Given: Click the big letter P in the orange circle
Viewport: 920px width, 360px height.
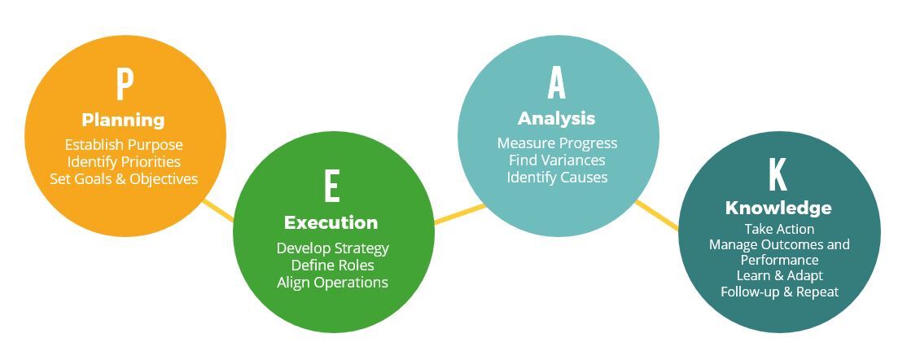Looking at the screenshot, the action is click(125, 85).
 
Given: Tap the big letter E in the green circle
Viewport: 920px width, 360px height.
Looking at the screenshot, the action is click(331, 187).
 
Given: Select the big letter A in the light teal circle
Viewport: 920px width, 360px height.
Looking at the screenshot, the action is click(556, 84).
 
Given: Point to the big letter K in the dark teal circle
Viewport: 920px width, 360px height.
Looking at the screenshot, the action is click(778, 176).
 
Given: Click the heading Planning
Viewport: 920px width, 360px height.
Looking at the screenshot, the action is click(123, 121).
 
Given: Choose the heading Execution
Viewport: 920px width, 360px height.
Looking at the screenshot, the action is click(331, 222).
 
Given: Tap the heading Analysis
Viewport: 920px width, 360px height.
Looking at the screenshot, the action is click(556, 119).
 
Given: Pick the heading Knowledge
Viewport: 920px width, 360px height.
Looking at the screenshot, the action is click(778, 209).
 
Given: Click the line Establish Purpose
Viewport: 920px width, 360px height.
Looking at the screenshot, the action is click(124, 145).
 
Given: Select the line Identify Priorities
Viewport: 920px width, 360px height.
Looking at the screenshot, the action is click(124, 161).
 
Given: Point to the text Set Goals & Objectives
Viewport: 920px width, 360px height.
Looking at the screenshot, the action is click(124, 178).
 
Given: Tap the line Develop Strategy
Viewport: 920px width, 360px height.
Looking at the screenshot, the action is click(333, 248).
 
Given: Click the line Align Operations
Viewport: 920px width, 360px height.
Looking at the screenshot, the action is click(333, 283).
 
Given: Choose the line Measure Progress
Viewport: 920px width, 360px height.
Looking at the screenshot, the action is click(558, 143).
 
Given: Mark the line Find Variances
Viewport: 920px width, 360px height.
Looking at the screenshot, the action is click(558, 160).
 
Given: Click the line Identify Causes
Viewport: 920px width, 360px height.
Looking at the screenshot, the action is click(558, 177).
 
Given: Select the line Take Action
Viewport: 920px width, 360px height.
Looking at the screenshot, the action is click(780, 229).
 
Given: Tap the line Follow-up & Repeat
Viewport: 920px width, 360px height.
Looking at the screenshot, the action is click(780, 292).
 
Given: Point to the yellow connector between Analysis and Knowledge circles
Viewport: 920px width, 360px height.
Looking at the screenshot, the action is click(657, 215).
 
